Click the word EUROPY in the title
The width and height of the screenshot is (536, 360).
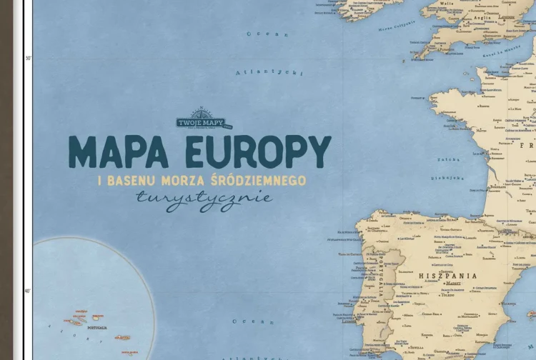[258, 151]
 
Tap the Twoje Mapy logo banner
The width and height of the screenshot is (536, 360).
[201, 121]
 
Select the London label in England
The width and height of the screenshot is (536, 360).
[506, 16]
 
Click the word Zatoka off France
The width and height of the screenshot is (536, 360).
[449, 160]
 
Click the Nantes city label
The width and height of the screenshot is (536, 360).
[480, 131]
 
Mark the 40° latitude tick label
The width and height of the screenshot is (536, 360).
[28, 291]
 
